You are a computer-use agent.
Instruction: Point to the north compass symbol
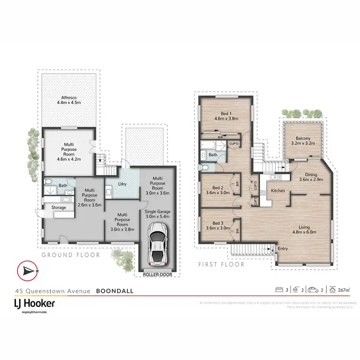point(27,272)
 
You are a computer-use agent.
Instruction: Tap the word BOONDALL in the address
point(115,290)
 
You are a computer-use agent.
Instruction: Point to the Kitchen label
point(278,191)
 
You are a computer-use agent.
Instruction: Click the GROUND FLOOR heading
point(71,255)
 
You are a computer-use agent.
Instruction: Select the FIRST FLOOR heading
point(222,264)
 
